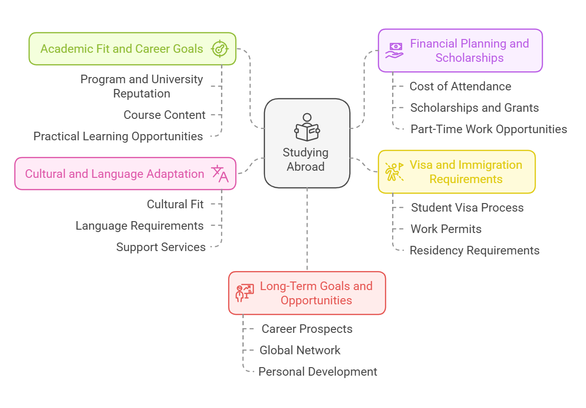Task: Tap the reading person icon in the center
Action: pyautogui.click(x=307, y=127)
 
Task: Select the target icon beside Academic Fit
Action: pyautogui.click(x=220, y=49)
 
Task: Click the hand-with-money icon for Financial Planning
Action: pyautogui.click(x=394, y=50)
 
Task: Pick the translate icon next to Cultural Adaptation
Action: pyautogui.click(x=220, y=174)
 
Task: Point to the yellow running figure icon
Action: pyautogui.click(x=394, y=172)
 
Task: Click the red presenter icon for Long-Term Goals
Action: pyautogui.click(x=244, y=293)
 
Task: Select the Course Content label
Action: pyautogui.click(x=164, y=115)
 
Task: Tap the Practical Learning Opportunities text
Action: pyautogui.click(x=118, y=136)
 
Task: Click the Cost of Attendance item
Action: pyautogui.click(x=460, y=87)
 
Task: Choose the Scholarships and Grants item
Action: pyautogui.click(x=474, y=108)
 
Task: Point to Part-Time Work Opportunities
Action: pyautogui.click(x=489, y=129)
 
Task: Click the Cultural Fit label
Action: pyautogui.click(x=175, y=204)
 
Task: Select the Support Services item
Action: pyautogui.click(x=161, y=247)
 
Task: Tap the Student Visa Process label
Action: pyautogui.click(x=467, y=208)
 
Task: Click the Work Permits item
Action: pyautogui.click(x=446, y=229)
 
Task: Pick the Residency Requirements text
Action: pyautogui.click(x=474, y=251)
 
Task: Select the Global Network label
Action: pyautogui.click(x=300, y=350)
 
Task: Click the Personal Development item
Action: pyautogui.click(x=317, y=372)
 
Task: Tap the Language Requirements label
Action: pyautogui.click(x=139, y=226)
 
